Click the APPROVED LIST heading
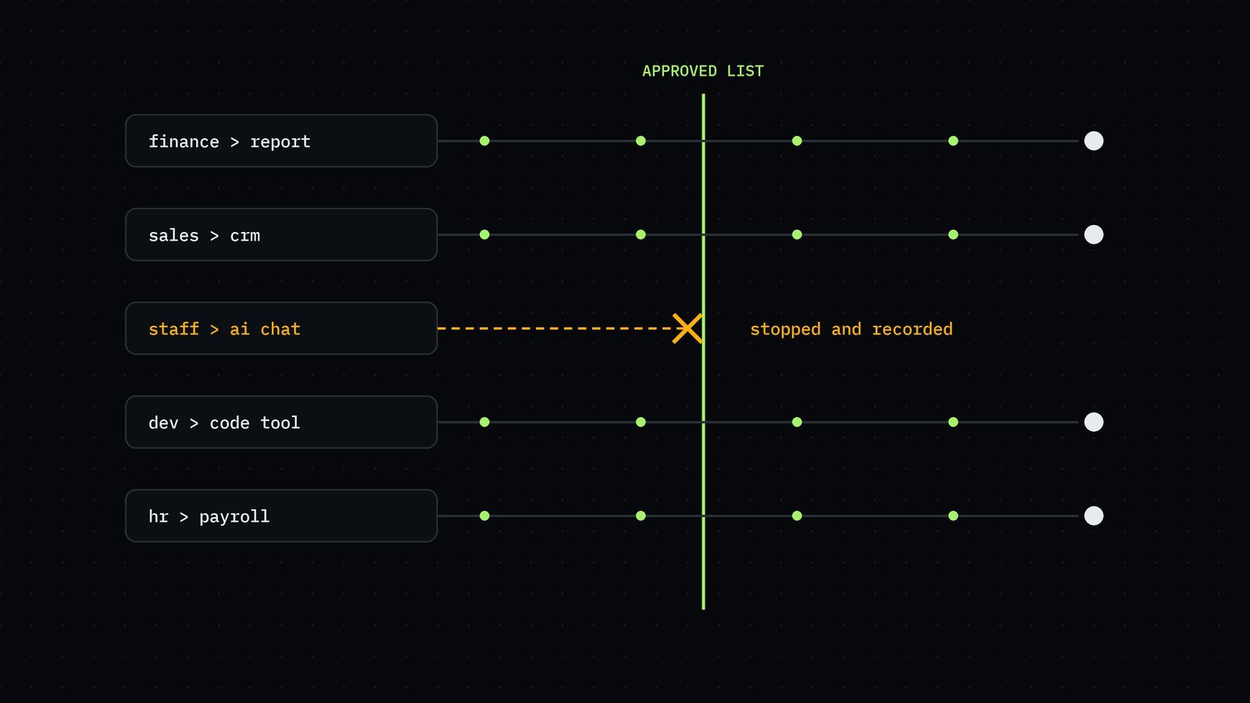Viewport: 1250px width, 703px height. [x=702, y=71]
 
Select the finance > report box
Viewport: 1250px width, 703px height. [x=281, y=141]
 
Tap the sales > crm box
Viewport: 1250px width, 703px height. [x=281, y=234]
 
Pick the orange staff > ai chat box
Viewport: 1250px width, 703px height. [x=281, y=328]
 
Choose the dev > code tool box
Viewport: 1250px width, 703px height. [x=281, y=422]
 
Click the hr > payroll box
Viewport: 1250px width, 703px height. [x=281, y=516]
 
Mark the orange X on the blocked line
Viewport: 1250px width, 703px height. [x=687, y=328]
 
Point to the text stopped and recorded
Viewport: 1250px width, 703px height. [x=851, y=329]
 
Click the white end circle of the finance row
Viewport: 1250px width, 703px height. [x=1094, y=141]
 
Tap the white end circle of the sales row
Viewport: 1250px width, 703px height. [x=1094, y=234]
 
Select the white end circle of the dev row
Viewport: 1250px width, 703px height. [x=1094, y=422]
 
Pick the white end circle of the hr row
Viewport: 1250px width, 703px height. [x=1094, y=516]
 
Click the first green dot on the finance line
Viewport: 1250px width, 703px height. [x=484, y=141]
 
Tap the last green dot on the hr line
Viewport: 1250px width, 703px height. [x=953, y=516]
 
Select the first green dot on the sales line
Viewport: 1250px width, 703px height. [x=484, y=234]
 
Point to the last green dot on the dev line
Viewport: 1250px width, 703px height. [x=953, y=422]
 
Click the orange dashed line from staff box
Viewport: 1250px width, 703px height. [x=555, y=328]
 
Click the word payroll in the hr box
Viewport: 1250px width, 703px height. [x=234, y=516]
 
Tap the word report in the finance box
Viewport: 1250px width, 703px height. [x=280, y=141]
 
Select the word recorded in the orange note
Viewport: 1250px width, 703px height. [x=912, y=329]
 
